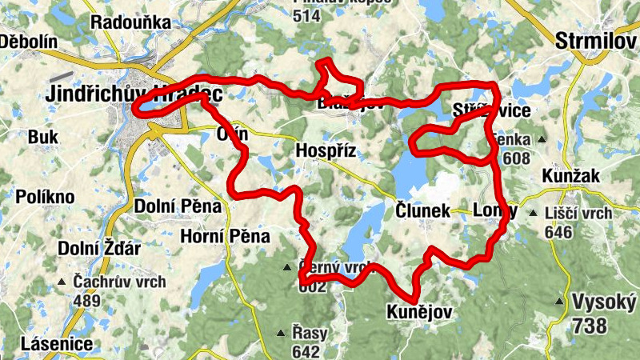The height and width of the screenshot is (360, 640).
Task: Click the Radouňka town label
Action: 130,22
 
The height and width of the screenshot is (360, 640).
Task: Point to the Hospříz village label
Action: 326,151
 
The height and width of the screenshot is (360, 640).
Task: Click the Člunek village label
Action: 422,211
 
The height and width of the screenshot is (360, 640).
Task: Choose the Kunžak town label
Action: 569,174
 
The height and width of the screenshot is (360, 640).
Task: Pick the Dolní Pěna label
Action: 178,206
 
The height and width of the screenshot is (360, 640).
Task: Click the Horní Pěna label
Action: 225,237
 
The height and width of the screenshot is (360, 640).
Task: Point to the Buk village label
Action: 43,138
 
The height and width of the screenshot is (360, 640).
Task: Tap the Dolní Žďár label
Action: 98,249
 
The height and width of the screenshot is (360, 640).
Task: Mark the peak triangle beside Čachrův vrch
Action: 62,282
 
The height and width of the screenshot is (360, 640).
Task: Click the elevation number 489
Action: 86,302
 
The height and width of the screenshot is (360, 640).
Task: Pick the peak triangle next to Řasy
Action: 281,333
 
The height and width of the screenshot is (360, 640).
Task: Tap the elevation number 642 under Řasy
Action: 306,351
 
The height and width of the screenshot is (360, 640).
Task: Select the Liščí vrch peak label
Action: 578,214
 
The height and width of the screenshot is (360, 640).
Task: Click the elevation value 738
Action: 590,324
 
